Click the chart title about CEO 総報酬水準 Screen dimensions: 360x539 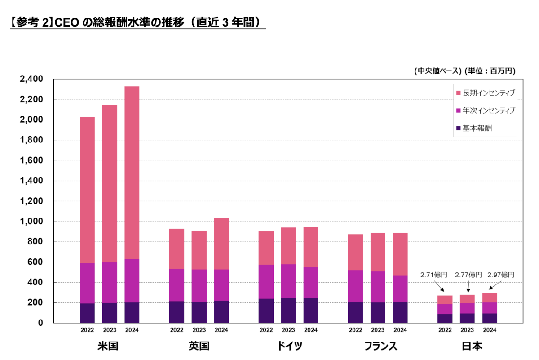pos(137,22)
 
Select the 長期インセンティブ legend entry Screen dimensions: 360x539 pos(485,93)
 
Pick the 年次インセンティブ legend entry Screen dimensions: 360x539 pos(485,111)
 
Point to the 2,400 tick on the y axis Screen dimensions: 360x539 pos(32,79)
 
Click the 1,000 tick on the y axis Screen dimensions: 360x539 pos(32,222)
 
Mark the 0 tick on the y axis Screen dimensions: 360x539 pos(40,323)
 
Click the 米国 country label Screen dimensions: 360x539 pos(108,346)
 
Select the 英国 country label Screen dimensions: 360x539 pos(199,346)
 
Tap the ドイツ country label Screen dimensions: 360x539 pos(288,346)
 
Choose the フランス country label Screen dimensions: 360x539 pos(378,346)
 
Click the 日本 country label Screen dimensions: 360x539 pos(468,346)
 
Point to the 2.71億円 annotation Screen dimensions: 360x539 pos(433,275)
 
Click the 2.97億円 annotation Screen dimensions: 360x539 pos(501,275)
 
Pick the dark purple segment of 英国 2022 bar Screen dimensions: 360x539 pos(177,312)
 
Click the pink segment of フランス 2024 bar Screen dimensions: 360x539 pos(400,254)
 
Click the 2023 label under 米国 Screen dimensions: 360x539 pos(110,330)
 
